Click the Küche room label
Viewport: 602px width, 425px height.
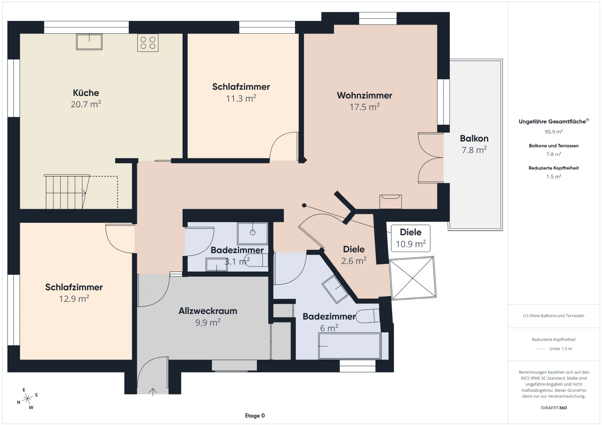pos(86,93)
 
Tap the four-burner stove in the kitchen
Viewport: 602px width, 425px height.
pos(148,43)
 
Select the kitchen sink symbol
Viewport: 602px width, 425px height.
pos(89,42)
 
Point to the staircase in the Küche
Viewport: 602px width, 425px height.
pos(67,192)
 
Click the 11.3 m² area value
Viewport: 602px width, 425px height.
pos(241,99)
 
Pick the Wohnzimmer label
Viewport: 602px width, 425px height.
pos(364,95)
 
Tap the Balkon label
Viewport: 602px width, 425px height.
pos(474,138)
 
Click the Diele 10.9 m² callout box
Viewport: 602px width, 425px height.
pos(411,238)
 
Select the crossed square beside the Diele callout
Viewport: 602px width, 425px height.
pos(413,278)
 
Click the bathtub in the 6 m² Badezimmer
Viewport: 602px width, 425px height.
pos(350,346)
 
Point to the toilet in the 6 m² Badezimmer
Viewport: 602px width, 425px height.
pos(368,316)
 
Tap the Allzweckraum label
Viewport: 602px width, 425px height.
pos(208,311)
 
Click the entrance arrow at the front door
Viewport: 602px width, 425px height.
pos(153,392)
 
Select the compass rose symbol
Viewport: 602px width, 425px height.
pos(27,399)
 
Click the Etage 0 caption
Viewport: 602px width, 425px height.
pos(255,416)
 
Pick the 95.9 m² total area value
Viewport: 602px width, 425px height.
pos(554,132)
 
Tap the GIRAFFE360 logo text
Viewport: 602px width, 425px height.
pos(554,408)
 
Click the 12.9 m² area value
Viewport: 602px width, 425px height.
pos(74,299)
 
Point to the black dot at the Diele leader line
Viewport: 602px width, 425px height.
pos(304,205)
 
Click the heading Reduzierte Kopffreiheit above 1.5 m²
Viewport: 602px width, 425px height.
pos(554,168)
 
